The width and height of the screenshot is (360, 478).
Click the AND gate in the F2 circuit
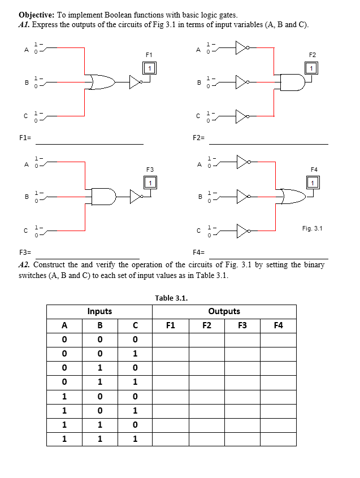293,83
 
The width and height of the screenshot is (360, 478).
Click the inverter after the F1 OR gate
136,82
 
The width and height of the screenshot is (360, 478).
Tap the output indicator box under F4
313,182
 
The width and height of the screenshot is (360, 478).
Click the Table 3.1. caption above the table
171,298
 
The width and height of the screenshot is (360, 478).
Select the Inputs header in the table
99,311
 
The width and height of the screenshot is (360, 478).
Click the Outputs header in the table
224,311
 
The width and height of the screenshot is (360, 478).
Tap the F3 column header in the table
242,325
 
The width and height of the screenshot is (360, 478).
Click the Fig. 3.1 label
312,228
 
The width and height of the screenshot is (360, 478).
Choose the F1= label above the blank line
25,138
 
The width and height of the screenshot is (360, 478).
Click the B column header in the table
100,325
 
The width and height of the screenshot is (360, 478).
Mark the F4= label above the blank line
199,252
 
